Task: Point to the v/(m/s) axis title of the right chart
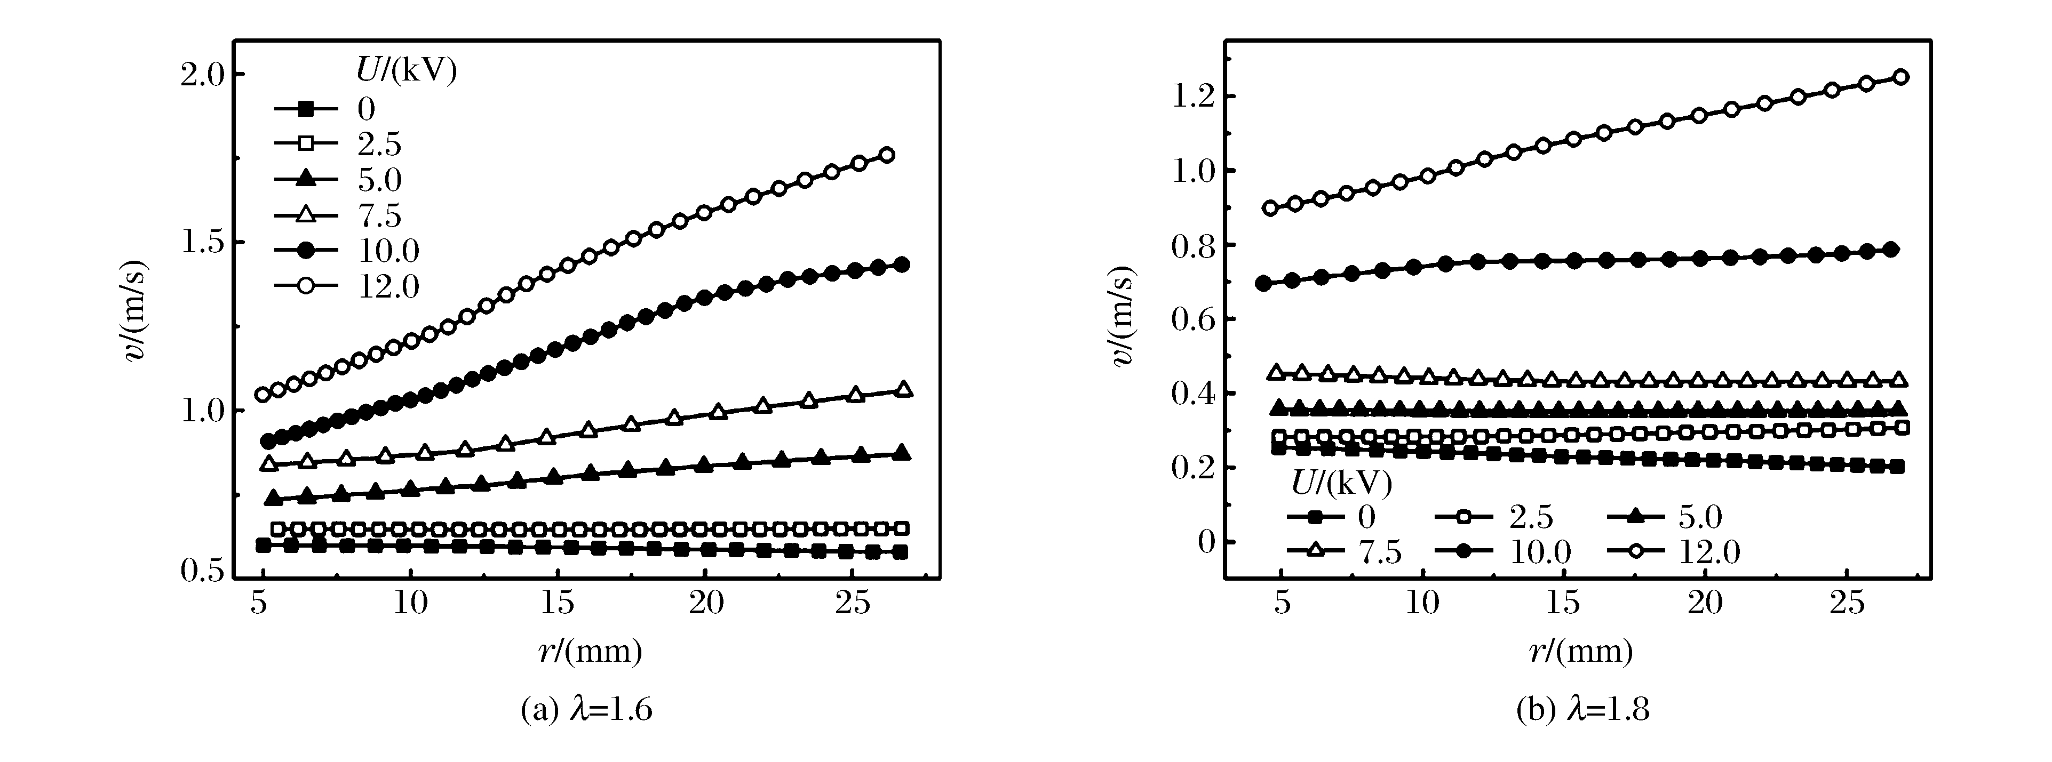(x=1123, y=316)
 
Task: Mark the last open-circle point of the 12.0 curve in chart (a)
(x=886, y=155)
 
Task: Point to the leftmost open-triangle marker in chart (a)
(x=269, y=463)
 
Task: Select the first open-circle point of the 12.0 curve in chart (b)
(x=1270, y=208)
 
